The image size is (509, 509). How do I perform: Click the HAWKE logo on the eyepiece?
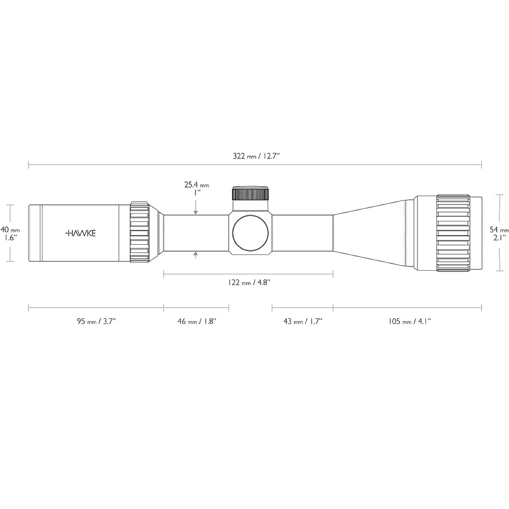80,233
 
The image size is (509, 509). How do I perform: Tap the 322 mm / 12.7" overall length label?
256,156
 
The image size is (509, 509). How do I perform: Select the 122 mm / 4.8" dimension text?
249,282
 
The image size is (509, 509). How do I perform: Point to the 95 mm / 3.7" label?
96,322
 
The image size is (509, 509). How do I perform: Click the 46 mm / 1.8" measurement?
197,322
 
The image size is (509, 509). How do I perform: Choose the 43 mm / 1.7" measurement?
303,322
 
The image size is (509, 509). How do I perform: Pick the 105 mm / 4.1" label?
410,322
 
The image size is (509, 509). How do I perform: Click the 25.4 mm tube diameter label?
196,185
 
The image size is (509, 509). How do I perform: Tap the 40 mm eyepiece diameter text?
10,229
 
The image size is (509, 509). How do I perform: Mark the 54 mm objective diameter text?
499,230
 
